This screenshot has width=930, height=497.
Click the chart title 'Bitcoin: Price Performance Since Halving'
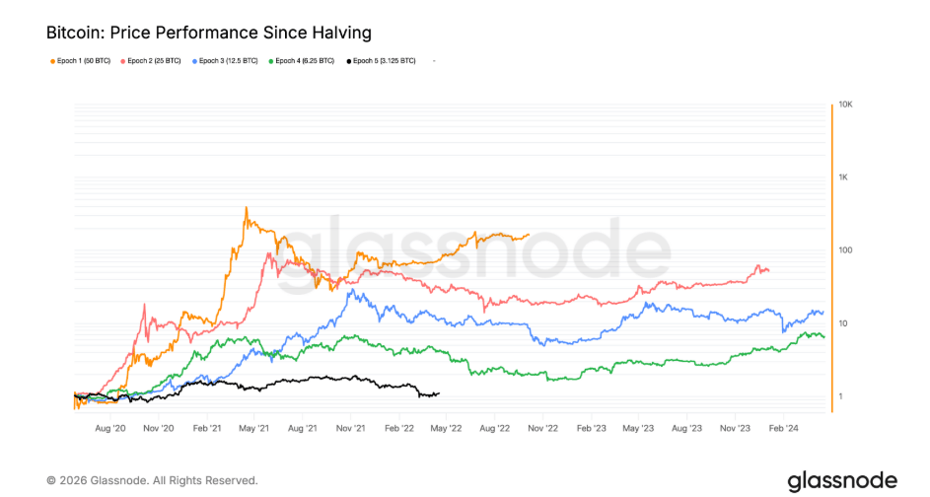point(202,33)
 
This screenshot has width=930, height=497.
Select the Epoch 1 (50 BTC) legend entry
point(84,61)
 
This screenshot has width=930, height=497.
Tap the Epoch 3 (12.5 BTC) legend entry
point(229,61)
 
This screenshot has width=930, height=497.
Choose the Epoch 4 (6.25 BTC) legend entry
point(306,61)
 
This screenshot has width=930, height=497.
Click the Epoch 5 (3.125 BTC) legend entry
point(383,61)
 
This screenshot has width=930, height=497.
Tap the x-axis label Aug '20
point(110,429)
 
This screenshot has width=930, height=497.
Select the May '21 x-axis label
point(254,429)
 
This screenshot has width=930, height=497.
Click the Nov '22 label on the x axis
point(543,429)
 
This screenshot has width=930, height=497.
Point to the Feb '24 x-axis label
point(784,429)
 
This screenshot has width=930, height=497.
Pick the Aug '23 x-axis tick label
point(687,429)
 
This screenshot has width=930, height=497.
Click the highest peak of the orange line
point(246,207)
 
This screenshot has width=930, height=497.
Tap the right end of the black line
point(439,393)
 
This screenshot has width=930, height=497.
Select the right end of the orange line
point(529,235)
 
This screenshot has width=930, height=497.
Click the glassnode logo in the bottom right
point(841,480)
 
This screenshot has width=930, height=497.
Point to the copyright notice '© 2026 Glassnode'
point(152,480)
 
